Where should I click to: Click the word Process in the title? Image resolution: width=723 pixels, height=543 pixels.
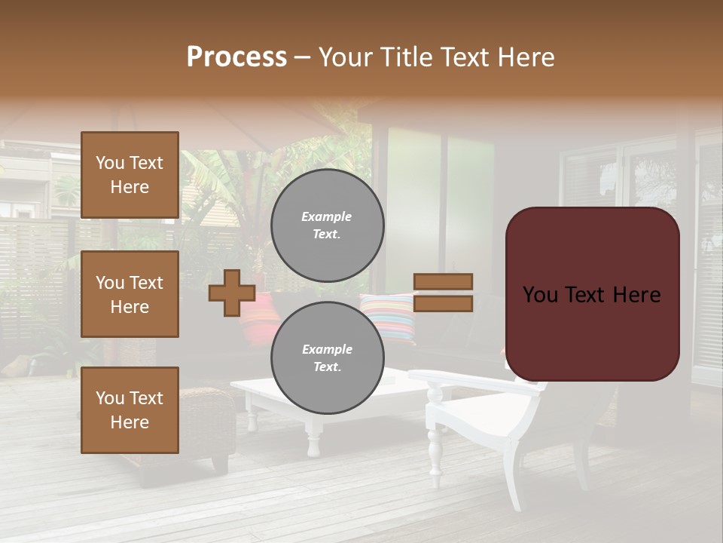tap(236, 57)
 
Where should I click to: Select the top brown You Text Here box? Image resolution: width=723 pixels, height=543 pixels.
tap(130, 175)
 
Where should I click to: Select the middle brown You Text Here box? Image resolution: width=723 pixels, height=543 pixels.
tap(130, 294)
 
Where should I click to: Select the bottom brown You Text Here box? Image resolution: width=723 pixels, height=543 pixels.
tap(130, 410)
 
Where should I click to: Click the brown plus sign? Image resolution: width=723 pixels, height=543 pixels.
tap(232, 293)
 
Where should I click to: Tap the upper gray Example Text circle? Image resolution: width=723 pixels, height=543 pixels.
tap(327, 225)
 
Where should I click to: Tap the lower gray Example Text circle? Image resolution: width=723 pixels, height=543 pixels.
tap(327, 358)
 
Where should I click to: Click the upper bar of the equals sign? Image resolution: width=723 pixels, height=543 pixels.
tap(443, 281)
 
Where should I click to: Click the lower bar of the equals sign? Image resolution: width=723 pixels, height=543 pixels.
tap(443, 304)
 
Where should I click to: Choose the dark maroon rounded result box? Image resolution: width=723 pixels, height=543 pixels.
tap(592, 294)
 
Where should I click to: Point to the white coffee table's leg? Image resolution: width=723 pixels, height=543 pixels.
tap(313, 437)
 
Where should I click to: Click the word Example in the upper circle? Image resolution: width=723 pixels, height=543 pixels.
tap(327, 216)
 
